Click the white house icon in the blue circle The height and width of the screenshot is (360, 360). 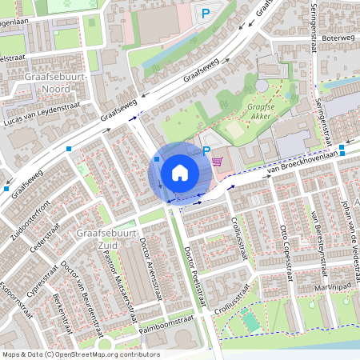click(179, 173)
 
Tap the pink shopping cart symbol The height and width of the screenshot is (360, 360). click(217, 161)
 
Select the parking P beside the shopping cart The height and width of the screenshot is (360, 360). click(206, 150)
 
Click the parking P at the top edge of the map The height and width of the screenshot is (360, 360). click(205, 13)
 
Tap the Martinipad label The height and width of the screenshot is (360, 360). click(334, 286)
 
